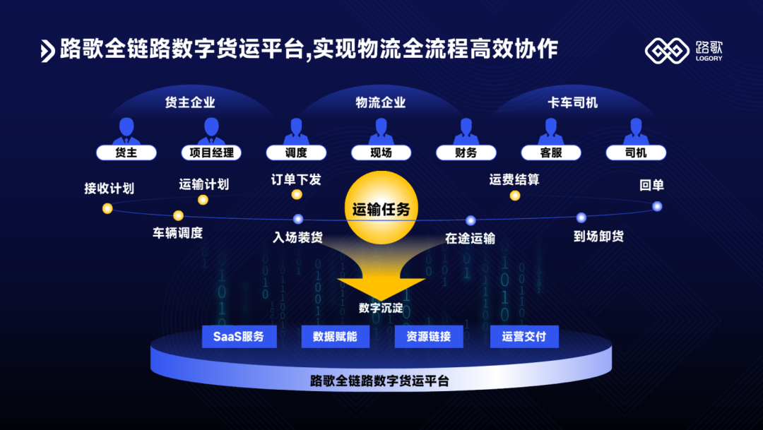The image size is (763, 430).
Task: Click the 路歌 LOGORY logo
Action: click(684, 50)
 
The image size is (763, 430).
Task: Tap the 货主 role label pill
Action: click(126, 153)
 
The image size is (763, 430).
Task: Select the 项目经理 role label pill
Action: click(211, 153)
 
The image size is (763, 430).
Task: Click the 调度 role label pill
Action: click(296, 153)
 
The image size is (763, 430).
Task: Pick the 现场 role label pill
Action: click(381, 153)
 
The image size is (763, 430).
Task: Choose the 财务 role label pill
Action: click(466, 153)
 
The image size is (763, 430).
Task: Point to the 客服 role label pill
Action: click(551, 153)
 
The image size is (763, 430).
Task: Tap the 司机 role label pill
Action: click(636, 153)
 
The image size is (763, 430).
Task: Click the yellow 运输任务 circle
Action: click(381, 209)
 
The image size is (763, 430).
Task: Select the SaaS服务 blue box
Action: click(239, 337)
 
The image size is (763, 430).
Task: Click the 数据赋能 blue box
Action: click(335, 337)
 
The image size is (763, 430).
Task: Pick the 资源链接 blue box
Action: click(430, 337)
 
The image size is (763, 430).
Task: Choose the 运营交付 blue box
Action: click(524, 337)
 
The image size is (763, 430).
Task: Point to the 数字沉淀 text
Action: click(381, 308)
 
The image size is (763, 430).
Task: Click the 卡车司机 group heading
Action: click(572, 103)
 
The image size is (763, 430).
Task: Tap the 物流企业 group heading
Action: click(381, 103)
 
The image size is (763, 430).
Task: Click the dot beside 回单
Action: click(657, 206)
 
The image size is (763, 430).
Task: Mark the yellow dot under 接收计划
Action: click(107, 208)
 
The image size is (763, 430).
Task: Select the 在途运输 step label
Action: click(470, 239)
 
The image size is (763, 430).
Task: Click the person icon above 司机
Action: click(636, 131)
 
